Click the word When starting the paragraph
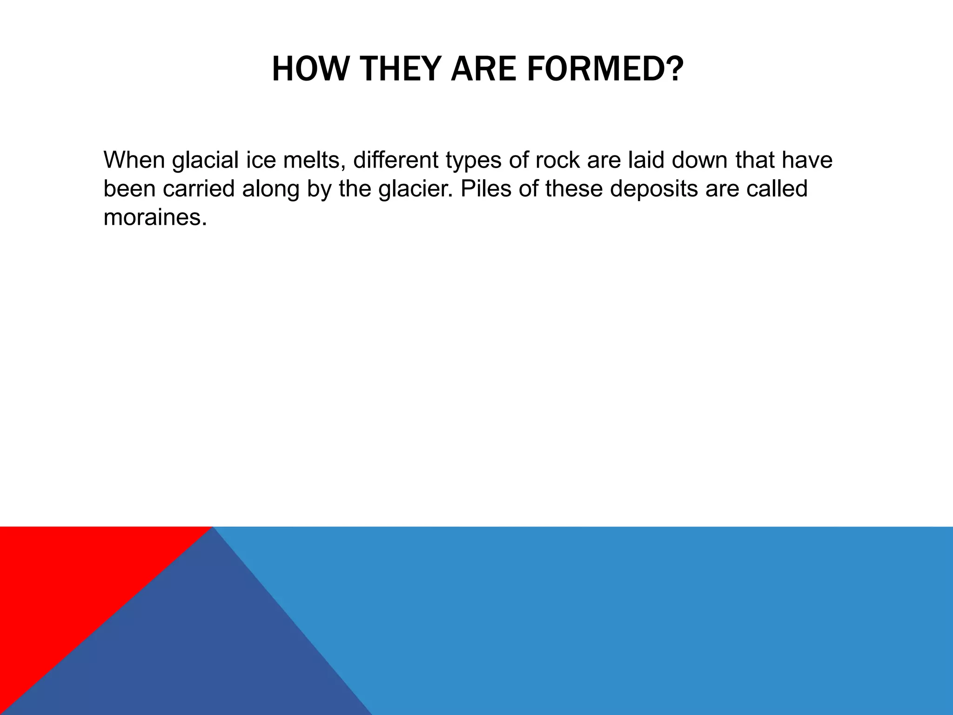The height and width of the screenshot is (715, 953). [134, 160]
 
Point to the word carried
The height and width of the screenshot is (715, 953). [199, 189]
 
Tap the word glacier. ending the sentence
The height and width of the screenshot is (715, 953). [415, 189]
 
